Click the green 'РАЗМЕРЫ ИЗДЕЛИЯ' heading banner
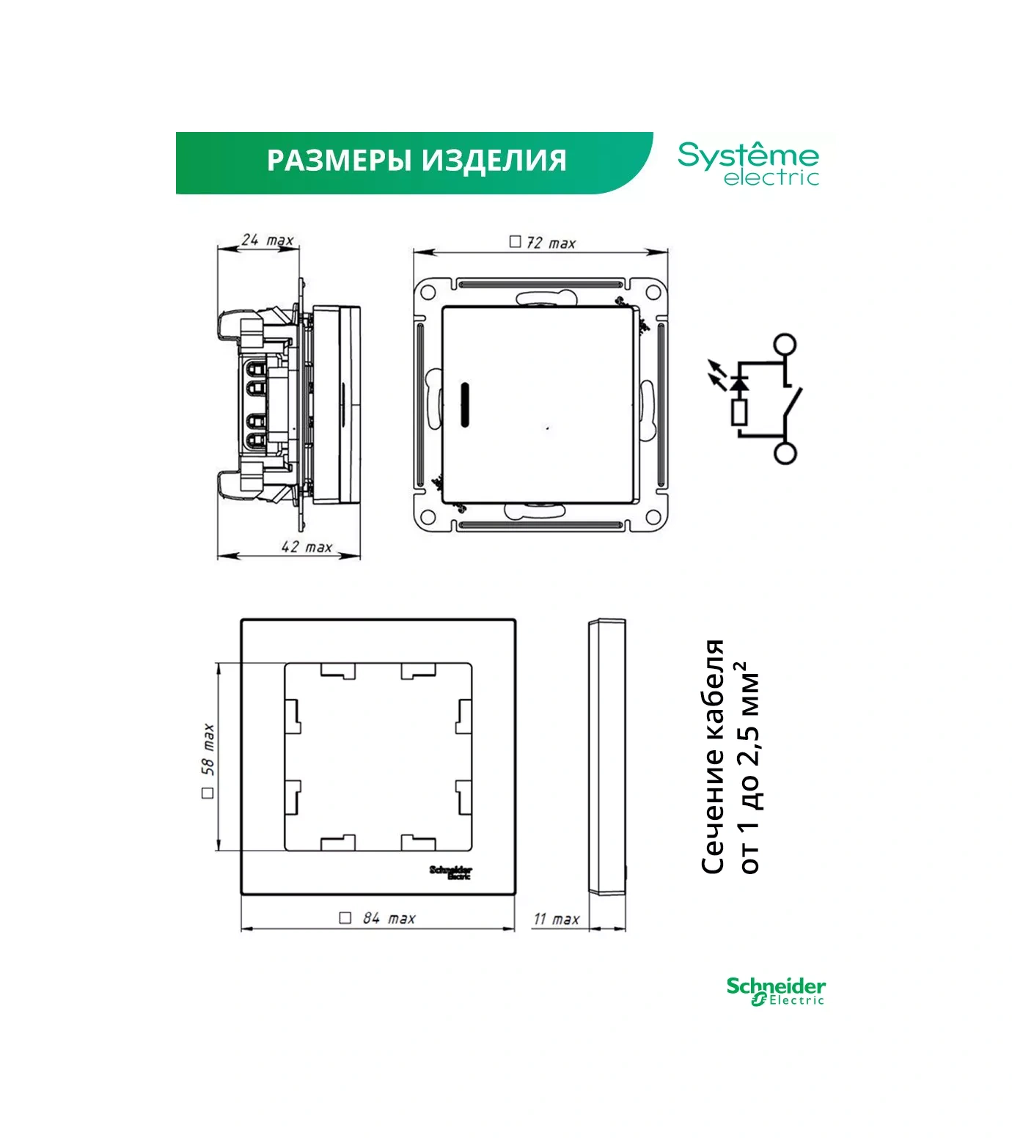414,163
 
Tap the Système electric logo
748,164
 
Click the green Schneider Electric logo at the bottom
776,991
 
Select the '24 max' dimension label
268,240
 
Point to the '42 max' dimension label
307,546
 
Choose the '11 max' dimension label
557,919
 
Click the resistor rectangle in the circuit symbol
740,413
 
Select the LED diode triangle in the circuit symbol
740,382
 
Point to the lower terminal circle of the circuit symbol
785,453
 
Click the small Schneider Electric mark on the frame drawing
451,872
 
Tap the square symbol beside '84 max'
345,918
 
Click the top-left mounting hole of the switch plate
428,293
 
